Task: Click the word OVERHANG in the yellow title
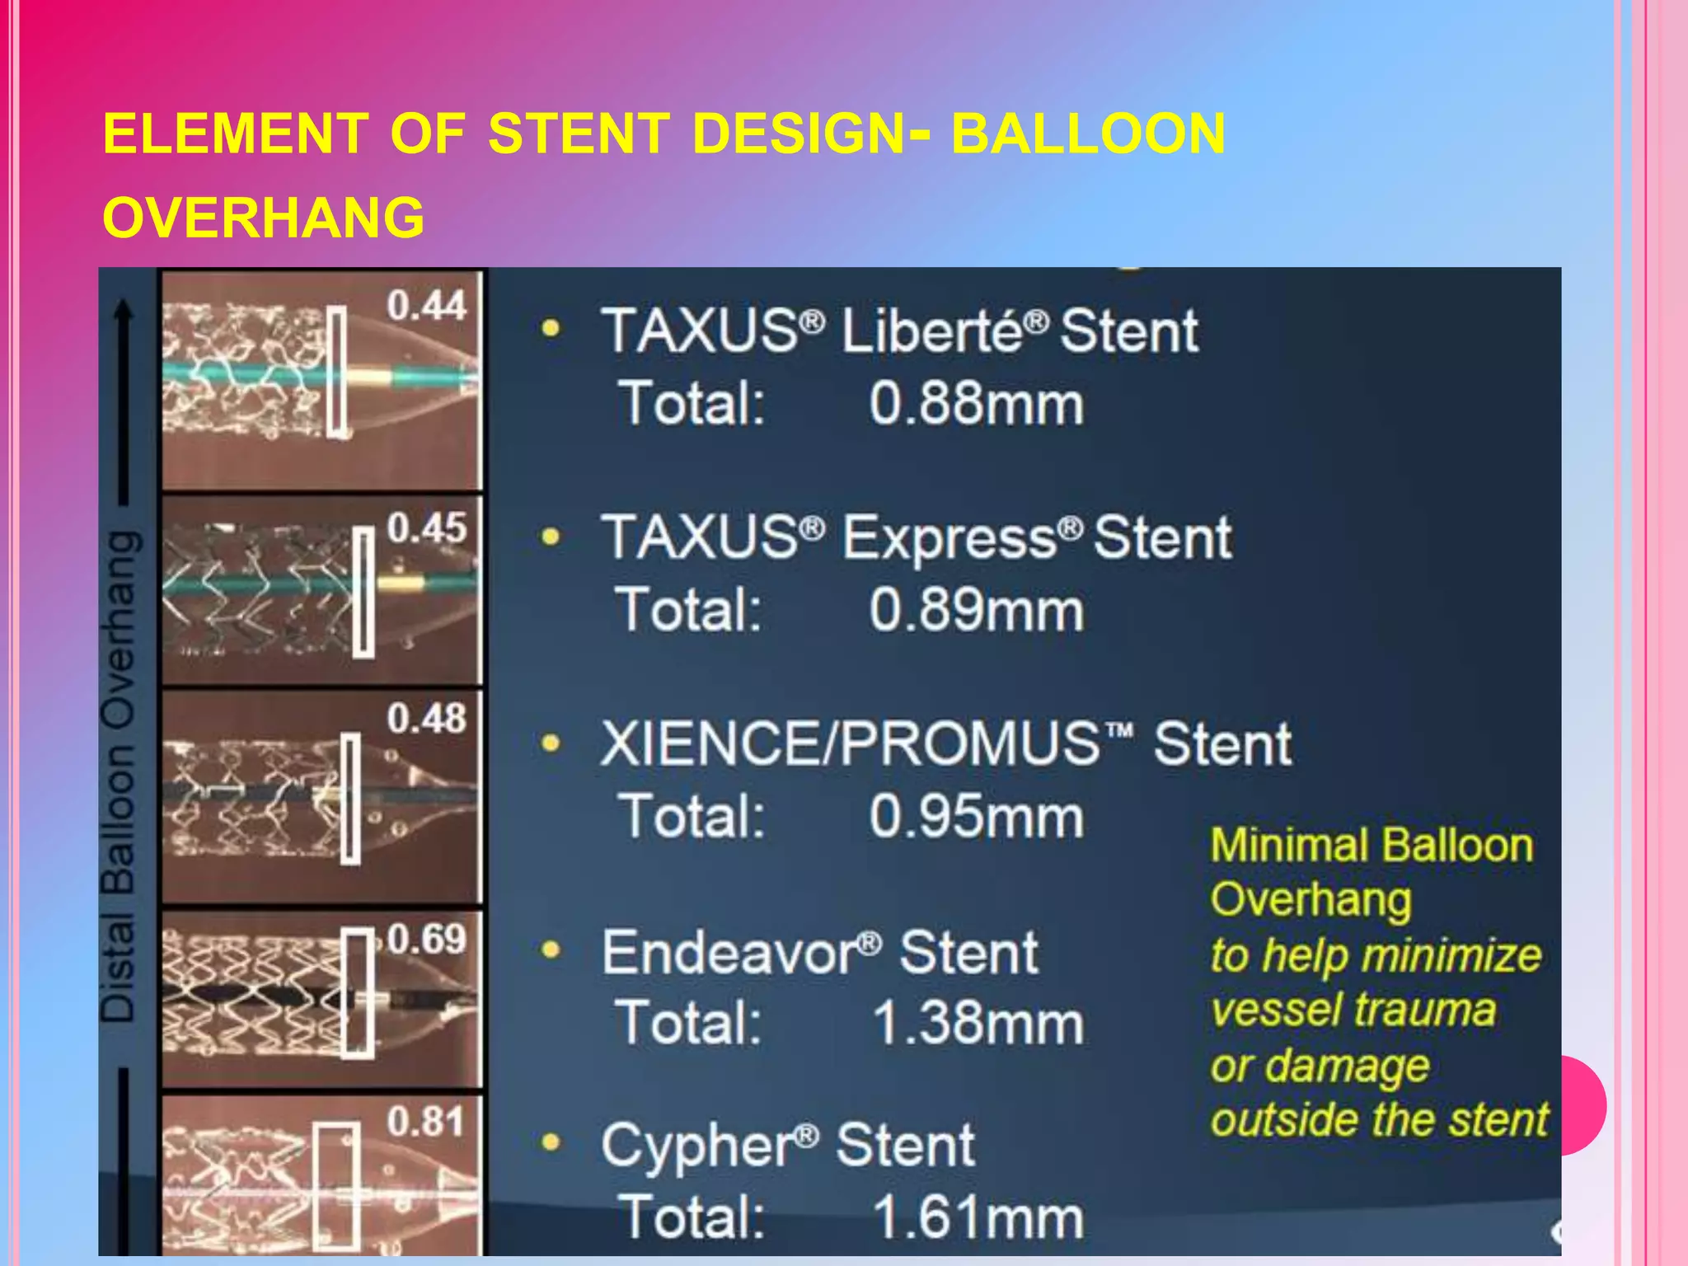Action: point(264,218)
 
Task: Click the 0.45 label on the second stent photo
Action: point(426,527)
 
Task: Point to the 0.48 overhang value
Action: point(426,718)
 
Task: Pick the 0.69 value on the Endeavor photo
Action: point(426,939)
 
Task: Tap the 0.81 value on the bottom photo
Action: point(426,1122)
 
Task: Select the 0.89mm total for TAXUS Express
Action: point(976,611)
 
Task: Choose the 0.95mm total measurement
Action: point(976,817)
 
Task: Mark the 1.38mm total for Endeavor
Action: point(978,1023)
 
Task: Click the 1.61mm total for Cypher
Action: point(978,1217)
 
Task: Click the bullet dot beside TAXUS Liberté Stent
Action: point(551,330)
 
